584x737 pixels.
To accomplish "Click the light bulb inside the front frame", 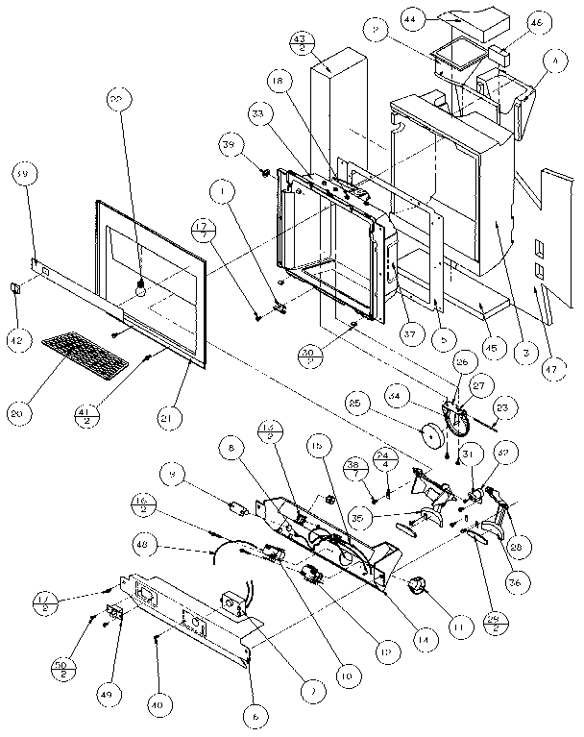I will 140,286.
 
